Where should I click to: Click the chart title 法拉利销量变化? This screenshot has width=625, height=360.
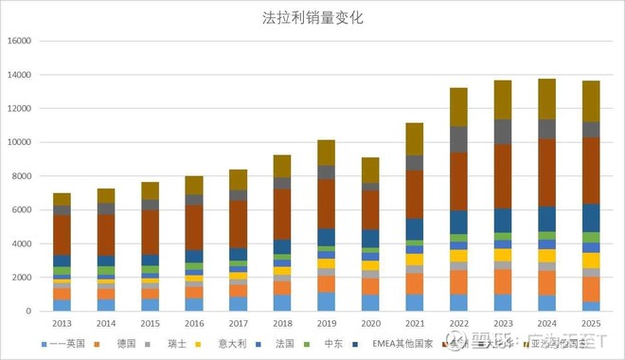312,18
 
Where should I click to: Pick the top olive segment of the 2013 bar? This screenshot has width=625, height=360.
62,199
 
